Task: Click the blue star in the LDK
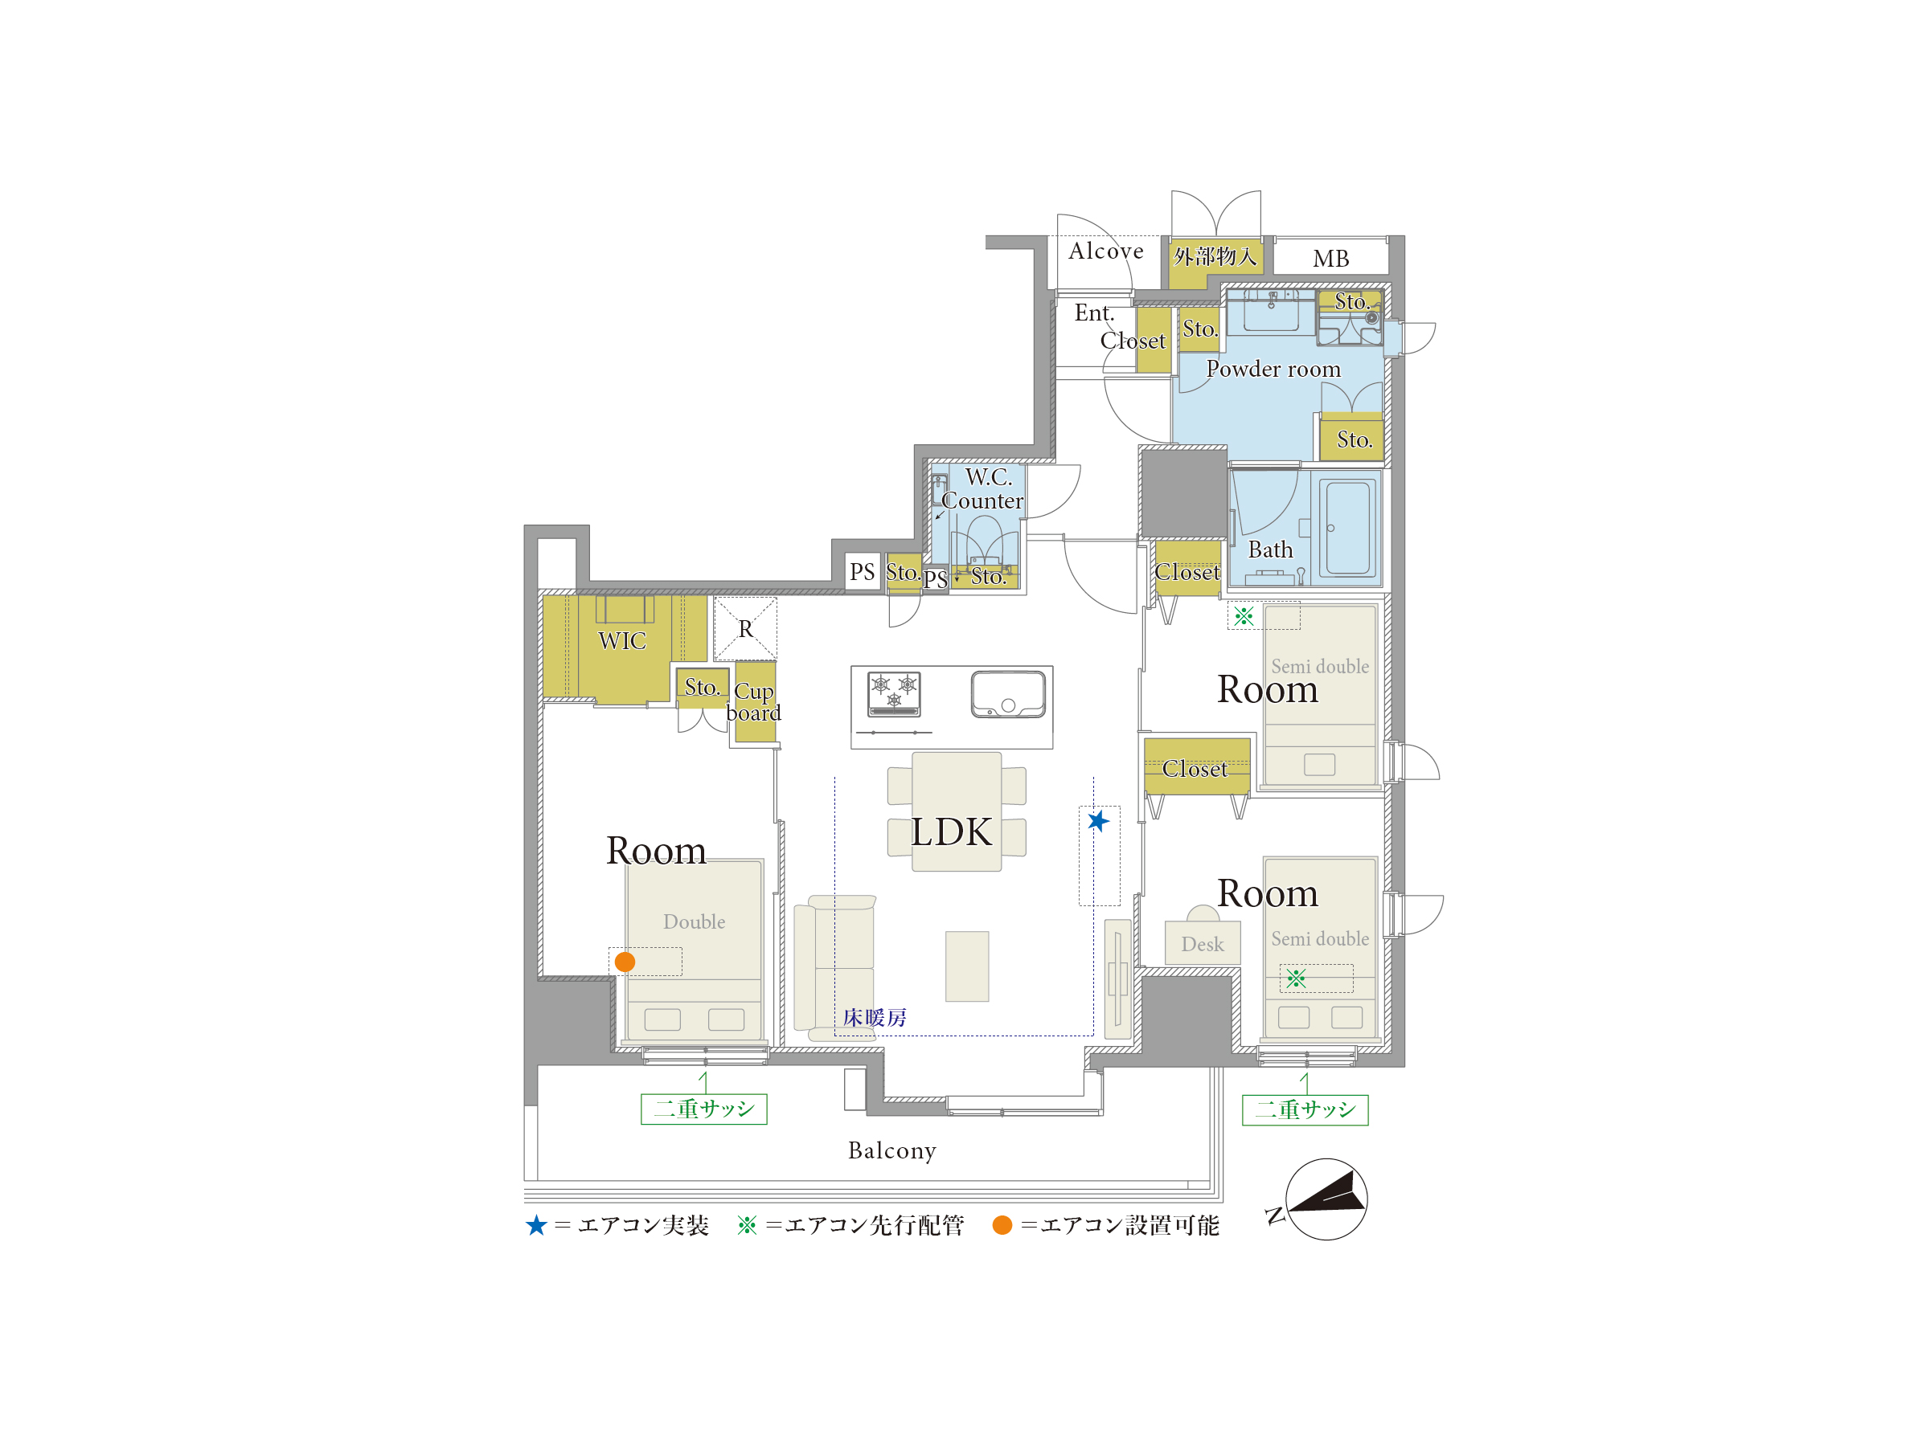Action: coord(1098,820)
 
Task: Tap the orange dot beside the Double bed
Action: coord(625,962)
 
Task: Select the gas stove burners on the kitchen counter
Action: coord(894,694)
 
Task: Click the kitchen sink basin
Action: coord(1007,694)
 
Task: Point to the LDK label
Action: coord(950,832)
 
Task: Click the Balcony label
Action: coord(892,1150)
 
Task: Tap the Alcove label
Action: coord(1105,251)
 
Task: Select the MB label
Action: coord(1330,259)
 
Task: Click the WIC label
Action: coord(621,640)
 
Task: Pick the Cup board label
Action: coord(753,701)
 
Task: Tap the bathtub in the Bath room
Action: coord(1348,528)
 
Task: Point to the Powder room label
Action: coord(1273,369)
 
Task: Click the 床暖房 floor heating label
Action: coord(874,1017)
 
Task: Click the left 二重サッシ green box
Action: coord(704,1109)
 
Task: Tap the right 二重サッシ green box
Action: coord(1305,1109)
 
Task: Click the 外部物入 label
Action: coord(1215,255)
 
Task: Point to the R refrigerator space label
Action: coord(746,628)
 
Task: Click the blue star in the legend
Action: coord(537,1225)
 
